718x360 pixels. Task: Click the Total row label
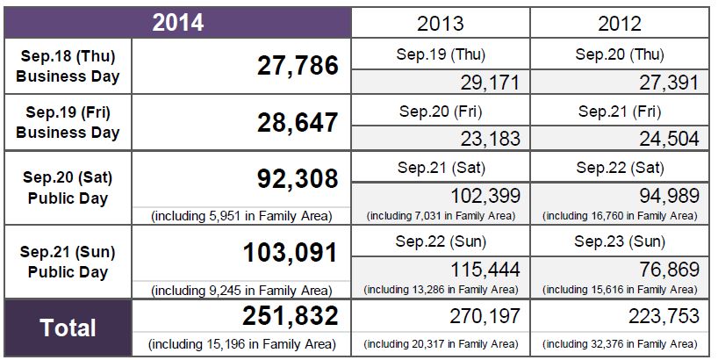click(68, 328)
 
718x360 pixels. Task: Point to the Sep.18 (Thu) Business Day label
click(68, 65)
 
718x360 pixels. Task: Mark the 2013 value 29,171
click(491, 83)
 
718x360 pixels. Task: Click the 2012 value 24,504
click(669, 138)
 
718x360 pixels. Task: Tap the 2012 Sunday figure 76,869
click(666, 270)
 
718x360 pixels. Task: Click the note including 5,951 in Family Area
click(241, 216)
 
